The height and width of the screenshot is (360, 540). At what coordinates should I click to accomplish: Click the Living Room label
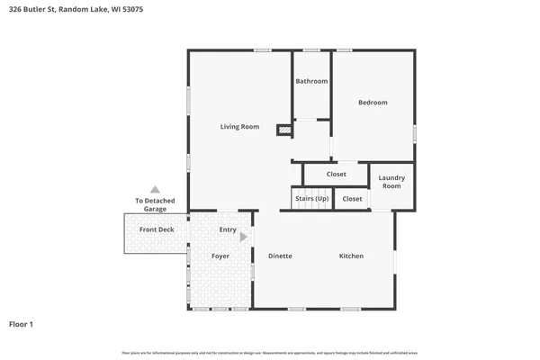[x=239, y=127]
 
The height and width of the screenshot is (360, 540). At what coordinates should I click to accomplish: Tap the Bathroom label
[x=311, y=81]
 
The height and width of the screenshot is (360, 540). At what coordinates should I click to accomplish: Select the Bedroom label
[x=373, y=103]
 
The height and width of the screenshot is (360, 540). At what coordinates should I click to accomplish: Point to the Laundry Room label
[x=391, y=182]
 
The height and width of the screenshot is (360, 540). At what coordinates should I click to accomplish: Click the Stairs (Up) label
[x=310, y=199]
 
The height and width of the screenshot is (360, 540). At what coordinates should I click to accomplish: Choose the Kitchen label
[x=351, y=256]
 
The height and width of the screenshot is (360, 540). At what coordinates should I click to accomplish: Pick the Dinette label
[x=280, y=256]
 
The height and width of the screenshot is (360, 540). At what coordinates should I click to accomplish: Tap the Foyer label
[x=220, y=256]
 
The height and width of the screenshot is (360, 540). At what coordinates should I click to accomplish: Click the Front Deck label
[x=157, y=229]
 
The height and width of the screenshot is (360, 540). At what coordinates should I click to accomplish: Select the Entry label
[x=228, y=229]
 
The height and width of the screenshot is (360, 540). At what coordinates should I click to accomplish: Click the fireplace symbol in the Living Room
[x=284, y=130]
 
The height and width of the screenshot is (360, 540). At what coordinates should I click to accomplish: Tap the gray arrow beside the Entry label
[x=244, y=237]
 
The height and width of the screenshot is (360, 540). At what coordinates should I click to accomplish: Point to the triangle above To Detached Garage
[x=155, y=190]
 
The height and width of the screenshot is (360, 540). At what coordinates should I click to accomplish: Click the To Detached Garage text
[x=155, y=204]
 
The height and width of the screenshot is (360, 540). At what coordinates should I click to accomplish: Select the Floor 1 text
[x=22, y=323]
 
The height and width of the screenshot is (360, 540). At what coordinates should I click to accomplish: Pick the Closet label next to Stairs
[x=352, y=199]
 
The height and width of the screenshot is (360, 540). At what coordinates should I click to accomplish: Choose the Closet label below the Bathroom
[x=336, y=175]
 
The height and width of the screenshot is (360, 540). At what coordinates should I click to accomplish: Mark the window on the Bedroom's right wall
[x=415, y=132]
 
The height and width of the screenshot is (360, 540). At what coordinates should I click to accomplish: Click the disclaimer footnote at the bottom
[x=270, y=352]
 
